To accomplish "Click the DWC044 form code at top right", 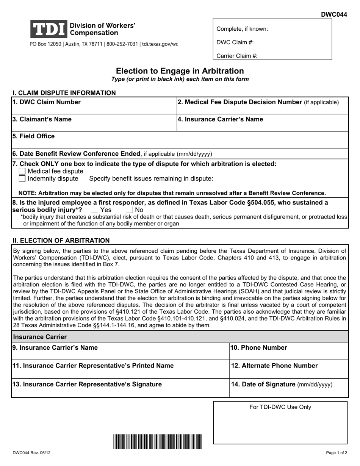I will (x=334, y=14).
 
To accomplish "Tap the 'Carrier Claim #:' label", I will (x=237, y=56).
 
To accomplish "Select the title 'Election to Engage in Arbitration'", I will (x=180, y=71).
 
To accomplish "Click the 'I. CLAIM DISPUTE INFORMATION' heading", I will (x=64, y=93).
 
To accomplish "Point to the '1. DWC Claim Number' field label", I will (x=46, y=102).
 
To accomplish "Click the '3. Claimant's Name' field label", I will (x=42, y=119).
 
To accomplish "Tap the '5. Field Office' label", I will (x=33, y=136).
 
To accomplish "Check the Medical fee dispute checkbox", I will (x=22, y=171).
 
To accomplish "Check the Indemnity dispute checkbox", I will (x=22, y=178).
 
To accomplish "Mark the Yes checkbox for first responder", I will (x=95, y=210).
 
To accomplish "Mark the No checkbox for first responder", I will (x=129, y=210).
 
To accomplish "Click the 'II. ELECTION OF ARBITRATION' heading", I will (x=61, y=240).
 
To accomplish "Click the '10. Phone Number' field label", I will (x=259, y=347).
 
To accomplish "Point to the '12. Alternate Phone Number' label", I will (x=274, y=366).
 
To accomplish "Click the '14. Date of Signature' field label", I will (x=282, y=385).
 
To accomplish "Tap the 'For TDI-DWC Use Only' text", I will (x=280, y=407).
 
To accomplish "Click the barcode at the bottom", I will (x=157, y=441).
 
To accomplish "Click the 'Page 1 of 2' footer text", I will (x=337, y=453).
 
